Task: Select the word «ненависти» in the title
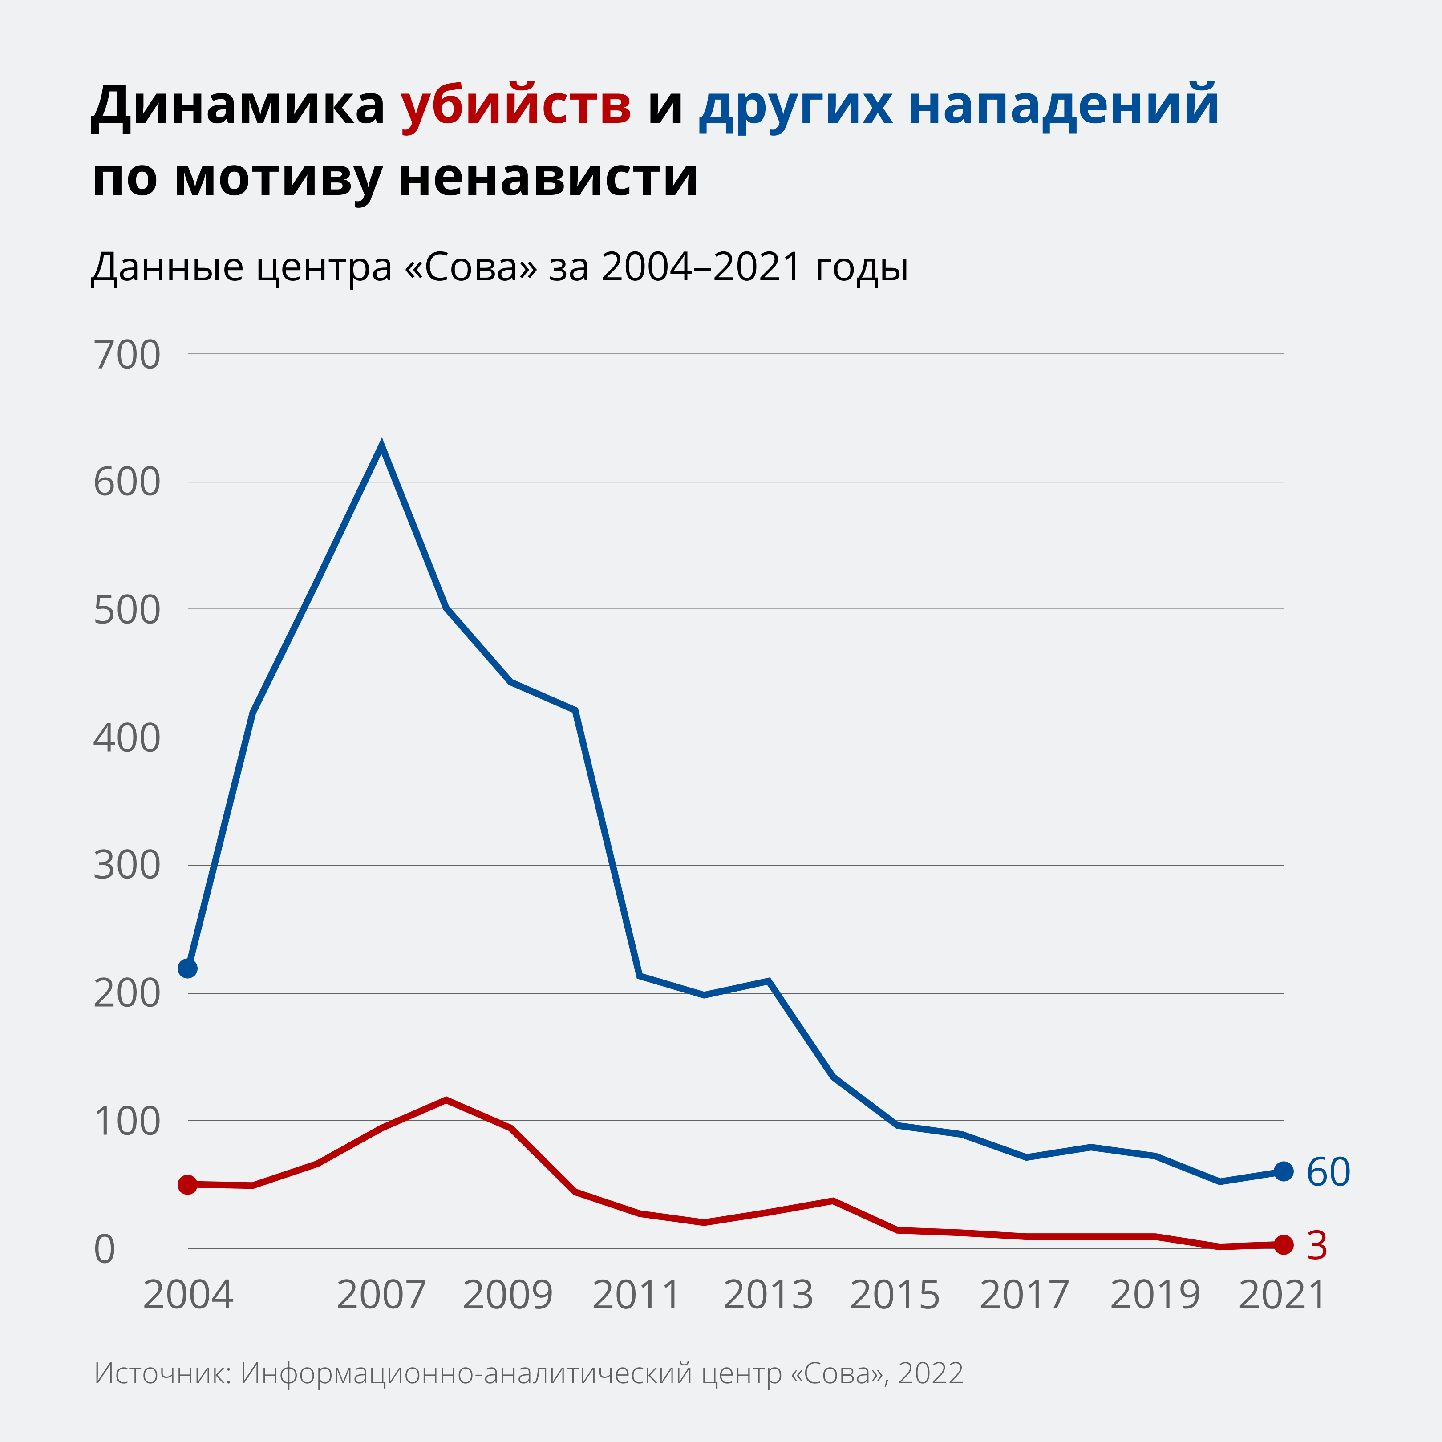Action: point(549,178)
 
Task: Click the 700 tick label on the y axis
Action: point(127,355)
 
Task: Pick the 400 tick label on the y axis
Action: point(127,738)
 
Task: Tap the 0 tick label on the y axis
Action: point(105,1249)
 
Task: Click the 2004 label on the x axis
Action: point(188,1295)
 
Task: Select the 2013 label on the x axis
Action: point(768,1295)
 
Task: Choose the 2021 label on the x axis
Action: point(1282,1295)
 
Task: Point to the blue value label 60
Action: point(1329,1172)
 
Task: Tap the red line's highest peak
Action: point(446,1099)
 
